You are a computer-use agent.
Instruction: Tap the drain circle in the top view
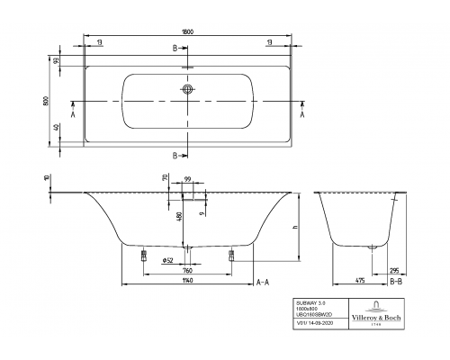coord(187,89)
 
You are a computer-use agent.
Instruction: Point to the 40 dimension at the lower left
coord(57,128)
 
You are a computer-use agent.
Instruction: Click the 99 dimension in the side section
coord(187,181)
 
